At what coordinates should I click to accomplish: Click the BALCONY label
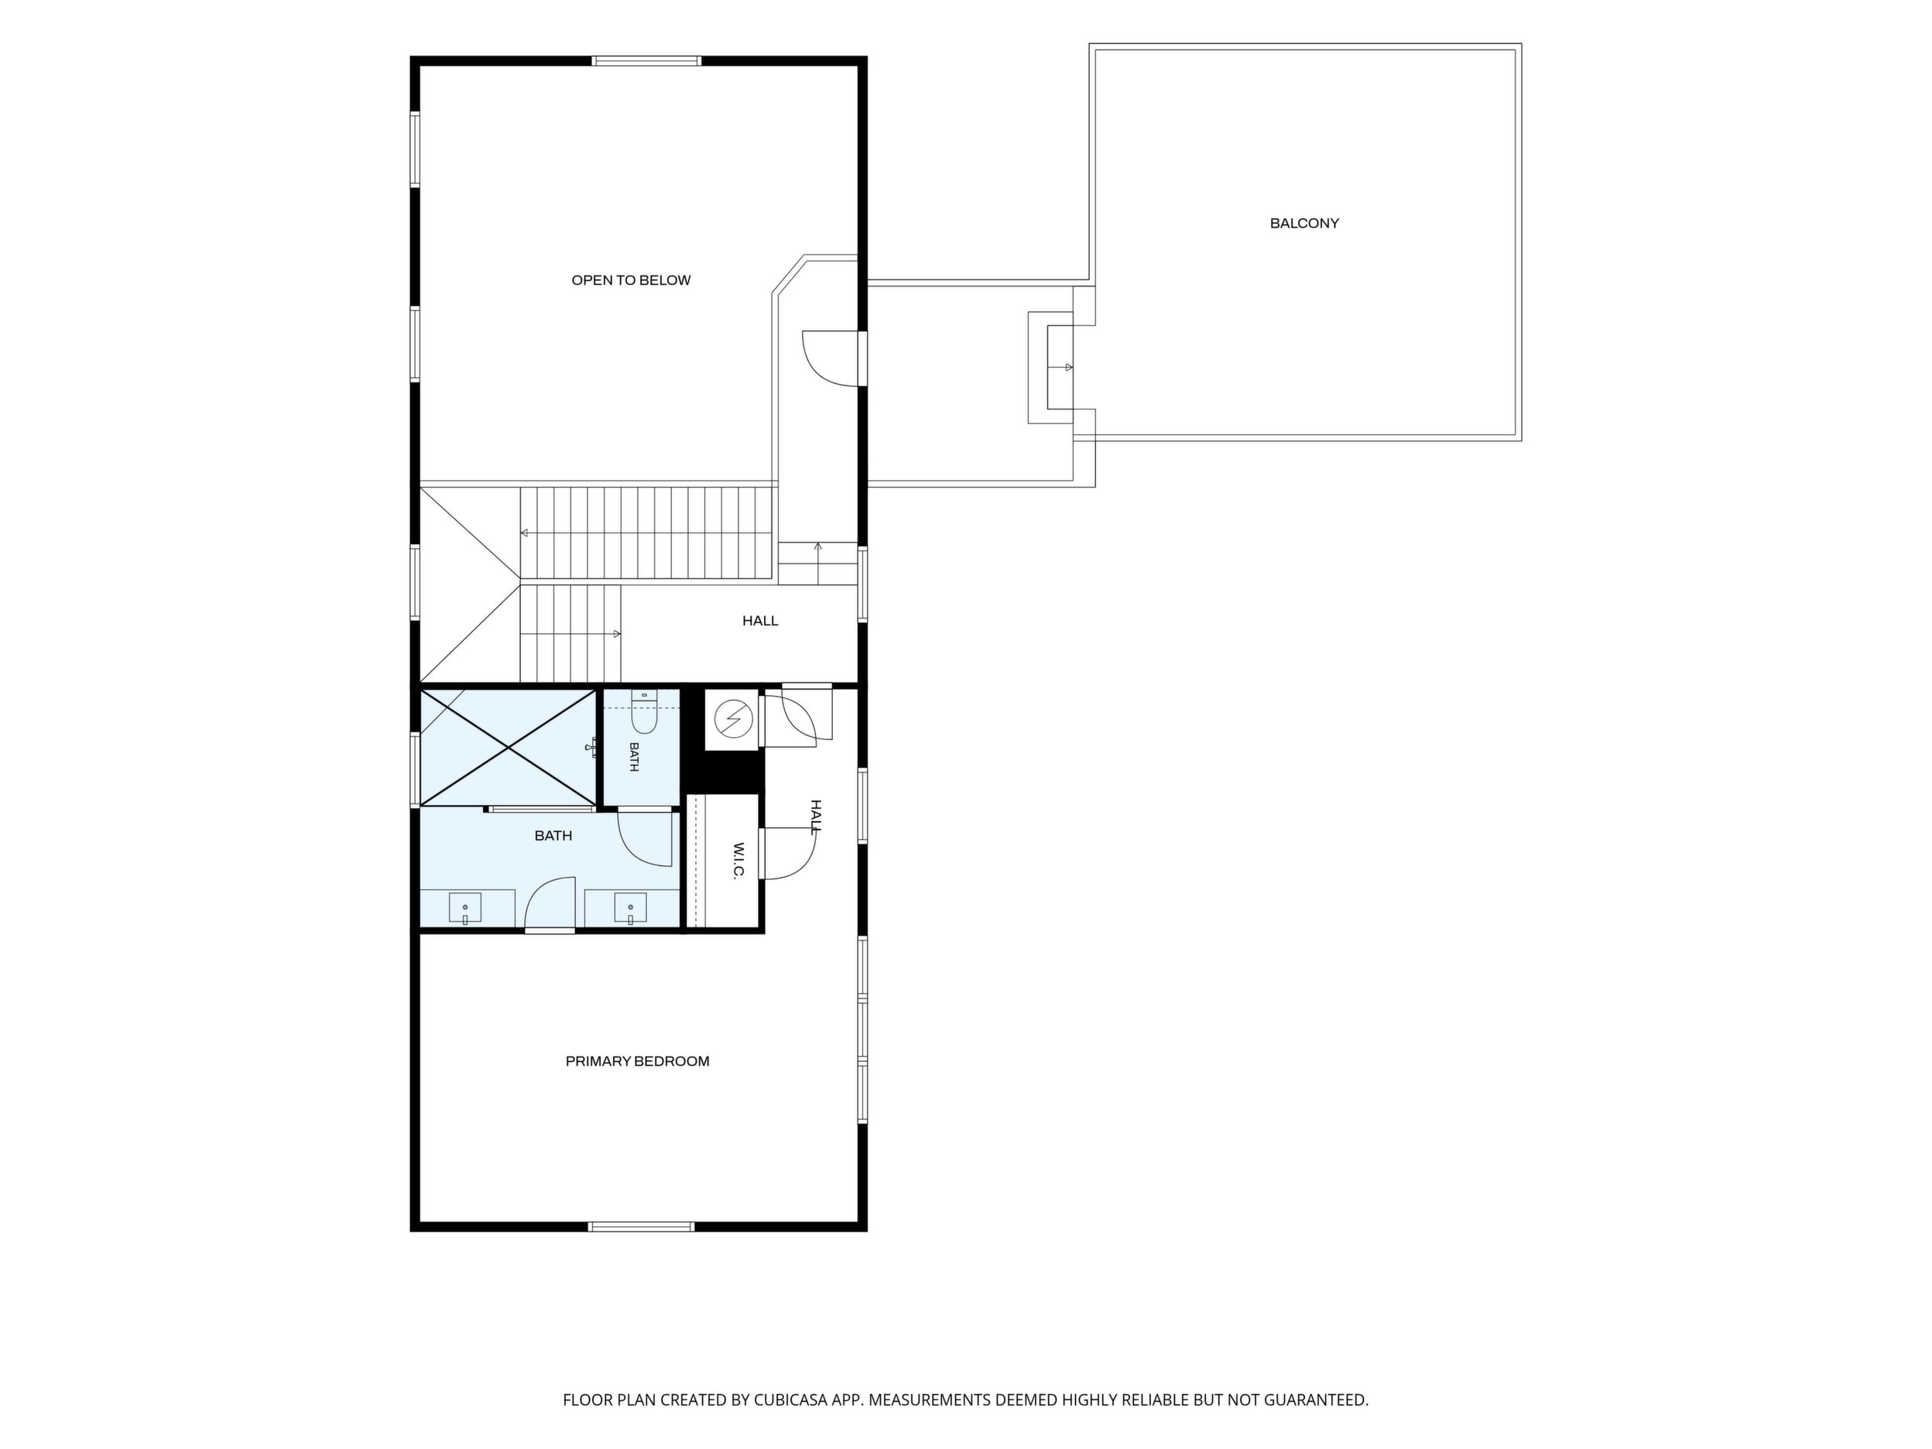click(1304, 224)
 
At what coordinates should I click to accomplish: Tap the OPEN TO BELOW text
click(631, 280)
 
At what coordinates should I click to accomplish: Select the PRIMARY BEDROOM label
click(638, 1061)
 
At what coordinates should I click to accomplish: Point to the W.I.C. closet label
click(738, 862)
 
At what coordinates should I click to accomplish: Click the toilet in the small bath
click(644, 712)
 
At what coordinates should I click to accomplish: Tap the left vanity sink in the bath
click(464, 909)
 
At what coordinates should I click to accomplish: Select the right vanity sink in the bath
click(630, 909)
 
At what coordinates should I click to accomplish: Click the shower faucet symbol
click(593, 747)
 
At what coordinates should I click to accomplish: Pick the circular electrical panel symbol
click(733, 719)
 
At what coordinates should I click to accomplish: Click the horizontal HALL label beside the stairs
click(760, 621)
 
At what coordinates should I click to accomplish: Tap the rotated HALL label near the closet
click(816, 817)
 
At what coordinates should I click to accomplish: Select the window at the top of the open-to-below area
click(646, 61)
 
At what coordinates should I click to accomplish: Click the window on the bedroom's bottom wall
click(642, 1227)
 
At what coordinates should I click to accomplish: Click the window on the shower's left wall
click(416, 769)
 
